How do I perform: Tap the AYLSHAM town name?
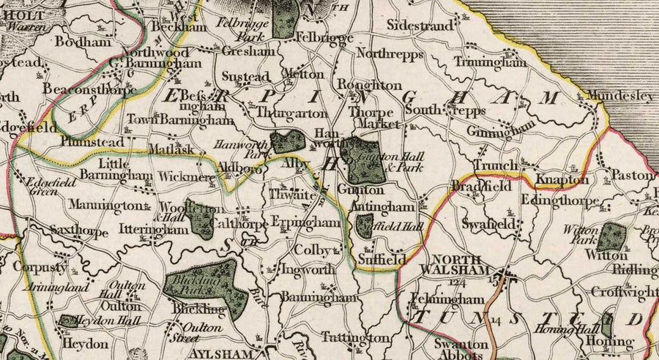[230, 353]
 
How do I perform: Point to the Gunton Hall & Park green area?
[365, 162]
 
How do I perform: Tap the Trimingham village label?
[490, 62]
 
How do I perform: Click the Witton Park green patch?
[611, 237]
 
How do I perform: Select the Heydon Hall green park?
[69, 320]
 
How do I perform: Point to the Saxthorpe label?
[79, 233]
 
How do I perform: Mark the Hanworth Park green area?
[286, 141]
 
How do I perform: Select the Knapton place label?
[562, 179]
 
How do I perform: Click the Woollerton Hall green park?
[199, 219]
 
